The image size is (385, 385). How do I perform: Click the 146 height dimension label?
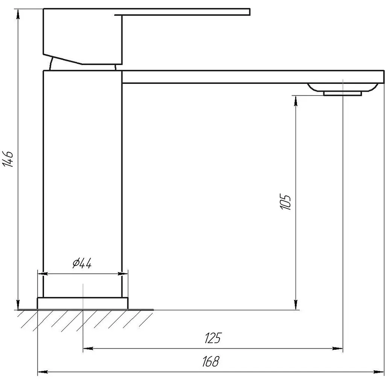[8, 159]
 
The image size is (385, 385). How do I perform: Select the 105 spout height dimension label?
[285, 202]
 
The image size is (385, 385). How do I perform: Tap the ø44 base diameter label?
[82, 263]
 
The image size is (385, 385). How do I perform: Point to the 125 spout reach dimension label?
[213, 338]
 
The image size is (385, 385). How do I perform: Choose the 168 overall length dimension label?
[211, 361]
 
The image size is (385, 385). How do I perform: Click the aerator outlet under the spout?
[343, 93]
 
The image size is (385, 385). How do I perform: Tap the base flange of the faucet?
[83, 303]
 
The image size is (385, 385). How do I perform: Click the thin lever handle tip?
[249, 12]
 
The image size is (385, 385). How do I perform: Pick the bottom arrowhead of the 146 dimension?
[18, 305]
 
